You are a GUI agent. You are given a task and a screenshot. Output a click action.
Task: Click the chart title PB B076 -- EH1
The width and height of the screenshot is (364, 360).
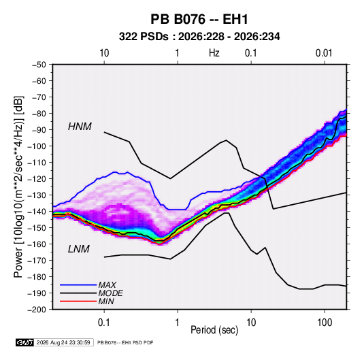pyautogui.click(x=199, y=19)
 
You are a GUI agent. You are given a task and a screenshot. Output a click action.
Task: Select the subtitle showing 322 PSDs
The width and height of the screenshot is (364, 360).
pyautogui.click(x=199, y=37)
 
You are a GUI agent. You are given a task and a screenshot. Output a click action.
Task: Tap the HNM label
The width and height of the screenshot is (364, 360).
pyautogui.click(x=80, y=127)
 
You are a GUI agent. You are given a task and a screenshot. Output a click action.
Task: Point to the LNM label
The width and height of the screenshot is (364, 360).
pyautogui.click(x=79, y=249)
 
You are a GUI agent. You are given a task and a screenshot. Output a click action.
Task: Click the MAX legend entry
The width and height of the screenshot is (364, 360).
pyautogui.click(x=107, y=285)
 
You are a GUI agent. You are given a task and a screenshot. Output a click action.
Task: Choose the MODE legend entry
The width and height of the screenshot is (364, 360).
pyautogui.click(x=110, y=293)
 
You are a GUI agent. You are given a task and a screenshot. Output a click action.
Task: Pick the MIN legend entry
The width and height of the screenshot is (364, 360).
pyautogui.click(x=106, y=301)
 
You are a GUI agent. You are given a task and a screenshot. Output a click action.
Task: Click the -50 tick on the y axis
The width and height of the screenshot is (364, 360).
pyautogui.click(x=39, y=65)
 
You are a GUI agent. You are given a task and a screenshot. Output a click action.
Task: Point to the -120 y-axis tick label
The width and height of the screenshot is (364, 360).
pyautogui.click(x=37, y=179)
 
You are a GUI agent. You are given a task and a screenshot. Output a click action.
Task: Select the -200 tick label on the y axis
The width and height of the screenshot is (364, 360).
pyautogui.click(x=37, y=310)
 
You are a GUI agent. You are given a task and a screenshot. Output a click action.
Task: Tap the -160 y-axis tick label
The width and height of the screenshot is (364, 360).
pyautogui.click(x=37, y=244)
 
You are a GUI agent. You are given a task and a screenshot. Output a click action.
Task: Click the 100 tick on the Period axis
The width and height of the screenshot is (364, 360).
pyautogui.click(x=325, y=323)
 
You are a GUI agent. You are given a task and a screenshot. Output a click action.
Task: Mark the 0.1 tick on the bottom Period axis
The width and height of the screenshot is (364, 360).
pyautogui.click(x=104, y=323)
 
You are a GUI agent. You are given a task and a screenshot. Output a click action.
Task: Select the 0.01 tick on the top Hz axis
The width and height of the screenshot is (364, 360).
pyautogui.click(x=324, y=53)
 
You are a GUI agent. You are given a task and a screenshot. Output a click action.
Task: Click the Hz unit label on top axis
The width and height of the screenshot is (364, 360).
pyautogui.click(x=214, y=53)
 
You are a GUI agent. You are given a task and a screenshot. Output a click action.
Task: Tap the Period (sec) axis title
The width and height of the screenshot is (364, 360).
pyautogui.click(x=214, y=330)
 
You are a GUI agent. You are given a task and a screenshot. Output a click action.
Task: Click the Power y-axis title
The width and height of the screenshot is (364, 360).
pyautogui.click(x=18, y=187)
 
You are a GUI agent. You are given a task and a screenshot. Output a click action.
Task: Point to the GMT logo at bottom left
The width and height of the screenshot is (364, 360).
pyautogui.click(x=24, y=342)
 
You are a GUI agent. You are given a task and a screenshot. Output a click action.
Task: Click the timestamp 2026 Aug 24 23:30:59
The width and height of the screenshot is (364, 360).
pyautogui.click(x=63, y=342)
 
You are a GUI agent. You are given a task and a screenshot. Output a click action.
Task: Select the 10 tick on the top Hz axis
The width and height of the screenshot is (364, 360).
pyautogui.click(x=104, y=53)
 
